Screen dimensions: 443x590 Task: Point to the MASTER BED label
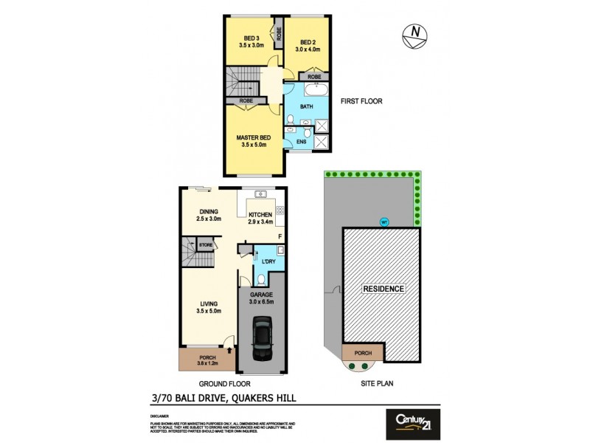coord(253,138)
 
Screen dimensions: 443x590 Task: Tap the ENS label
coord(301,141)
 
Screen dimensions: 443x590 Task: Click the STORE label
coord(206,244)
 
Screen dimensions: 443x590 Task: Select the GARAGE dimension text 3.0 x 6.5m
coord(261,301)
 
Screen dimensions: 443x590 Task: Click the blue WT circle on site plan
coord(383,221)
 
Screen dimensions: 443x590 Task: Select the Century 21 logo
coord(413,423)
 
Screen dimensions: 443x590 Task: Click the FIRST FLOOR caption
coord(361,101)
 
